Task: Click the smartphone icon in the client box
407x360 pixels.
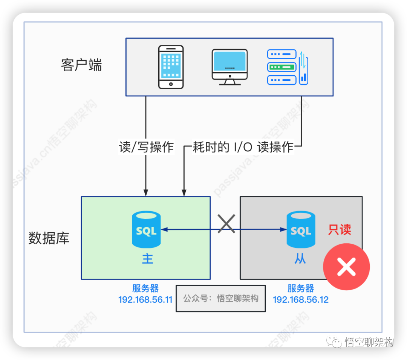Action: (171, 67)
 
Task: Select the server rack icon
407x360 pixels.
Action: (287, 67)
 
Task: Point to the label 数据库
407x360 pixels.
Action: (49, 238)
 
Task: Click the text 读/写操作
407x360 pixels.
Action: (146, 147)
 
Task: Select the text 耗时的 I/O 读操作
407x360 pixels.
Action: (243, 147)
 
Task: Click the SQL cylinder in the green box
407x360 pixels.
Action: (146, 229)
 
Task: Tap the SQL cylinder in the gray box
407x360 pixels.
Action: (301, 229)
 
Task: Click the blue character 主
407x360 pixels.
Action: (147, 259)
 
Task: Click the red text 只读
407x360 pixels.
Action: (340, 230)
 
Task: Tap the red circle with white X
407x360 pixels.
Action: (346, 267)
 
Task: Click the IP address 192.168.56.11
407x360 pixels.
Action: (145, 300)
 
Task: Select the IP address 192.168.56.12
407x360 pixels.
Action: (301, 300)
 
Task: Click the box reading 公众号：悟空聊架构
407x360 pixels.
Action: (221, 299)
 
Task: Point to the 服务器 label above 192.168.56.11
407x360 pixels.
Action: (145, 288)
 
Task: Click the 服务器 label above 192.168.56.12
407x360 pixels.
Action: (301, 288)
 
